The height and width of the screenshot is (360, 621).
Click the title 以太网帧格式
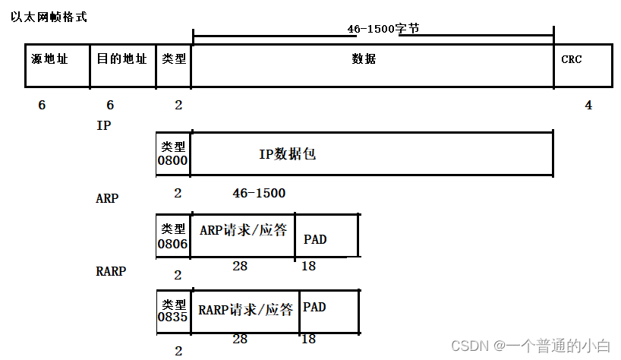[x=49, y=17]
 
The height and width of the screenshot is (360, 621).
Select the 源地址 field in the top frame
[x=57, y=65]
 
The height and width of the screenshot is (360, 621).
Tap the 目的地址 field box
[x=122, y=65]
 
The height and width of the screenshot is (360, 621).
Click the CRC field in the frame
[x=582, y=65]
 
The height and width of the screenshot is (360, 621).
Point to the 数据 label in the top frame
[x=364, y=59]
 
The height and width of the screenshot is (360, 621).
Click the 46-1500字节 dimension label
[x=383, y=28]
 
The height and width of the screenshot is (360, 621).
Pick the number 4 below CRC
[x=588, y=106]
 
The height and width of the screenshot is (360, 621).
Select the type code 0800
[x=173, y=161]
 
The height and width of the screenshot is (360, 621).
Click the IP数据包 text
[x=287, y=154]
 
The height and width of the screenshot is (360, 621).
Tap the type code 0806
[x=173, y=244]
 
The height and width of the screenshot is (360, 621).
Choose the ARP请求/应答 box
[x=243, y=235]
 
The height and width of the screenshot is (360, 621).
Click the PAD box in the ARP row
[x=326, y=236]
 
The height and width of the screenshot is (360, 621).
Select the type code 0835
[x=173, y=317]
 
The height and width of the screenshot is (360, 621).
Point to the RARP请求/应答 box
[x=245, y=311]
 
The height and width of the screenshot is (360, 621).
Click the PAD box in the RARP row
[x=329, y=311]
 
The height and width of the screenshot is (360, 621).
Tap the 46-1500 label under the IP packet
[x=259, y=194]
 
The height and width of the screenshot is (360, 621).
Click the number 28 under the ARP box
[x=239, y=266]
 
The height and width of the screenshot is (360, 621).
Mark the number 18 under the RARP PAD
[x=308, y=339]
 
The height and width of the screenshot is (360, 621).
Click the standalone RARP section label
[x=111, y=270]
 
